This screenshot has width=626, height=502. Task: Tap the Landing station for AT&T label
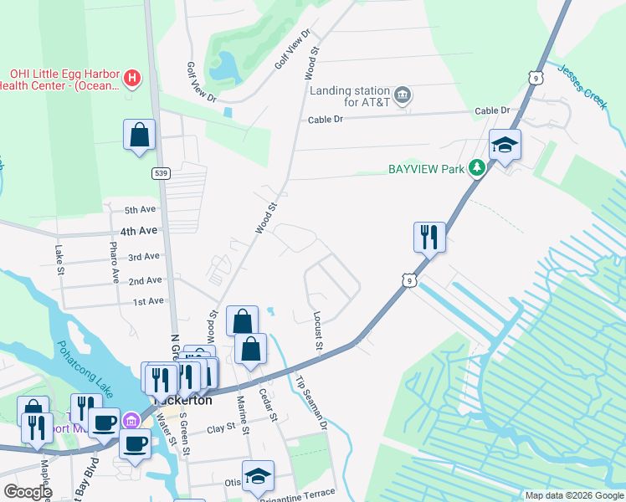pyautogui.click(x=350, y=96)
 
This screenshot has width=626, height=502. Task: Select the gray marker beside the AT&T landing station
pyautogui.click(x=403, y=93)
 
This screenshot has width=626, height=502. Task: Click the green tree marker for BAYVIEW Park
pyautogui.click(x=476, y=168)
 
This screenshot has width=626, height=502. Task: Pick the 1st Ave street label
pyautogui.click(x=147, y=301)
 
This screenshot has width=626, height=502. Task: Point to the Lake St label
pyautogui.click(x=59, y=259)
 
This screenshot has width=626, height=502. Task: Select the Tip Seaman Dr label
pyautogui.click(x=310, y=402)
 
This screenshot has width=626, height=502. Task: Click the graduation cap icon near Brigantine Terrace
pyautogui.click(x=259, y=477)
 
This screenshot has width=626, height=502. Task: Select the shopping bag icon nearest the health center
pyautogui.click(x=139, y=135)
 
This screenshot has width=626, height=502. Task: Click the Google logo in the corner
pyautogui.click(x=28, y=492)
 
